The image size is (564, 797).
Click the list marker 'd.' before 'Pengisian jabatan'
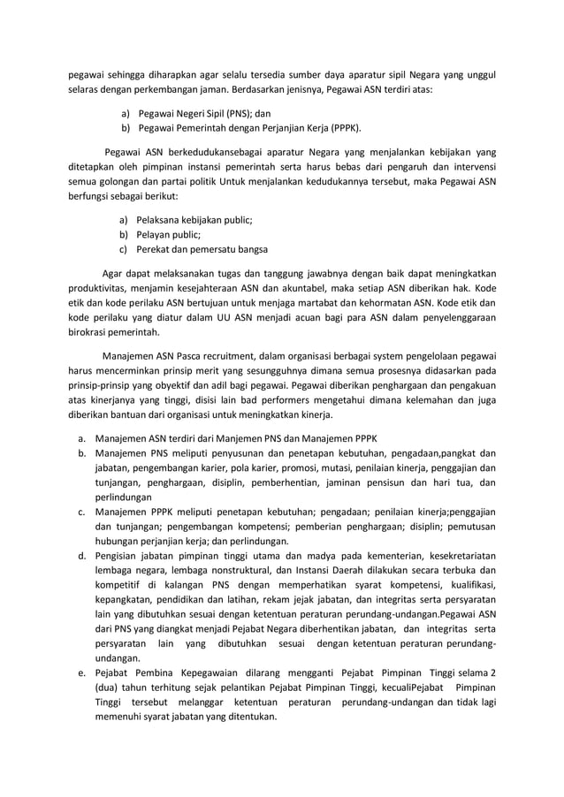[80, 557]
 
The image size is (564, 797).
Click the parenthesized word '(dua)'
[109, 687]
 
